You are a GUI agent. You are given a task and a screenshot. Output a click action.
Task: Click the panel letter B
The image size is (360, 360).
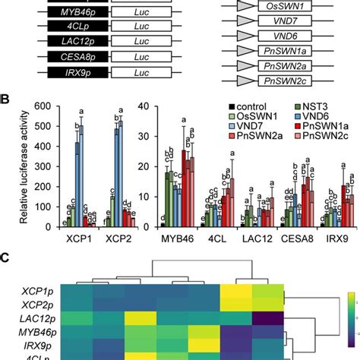coord(5,98)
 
